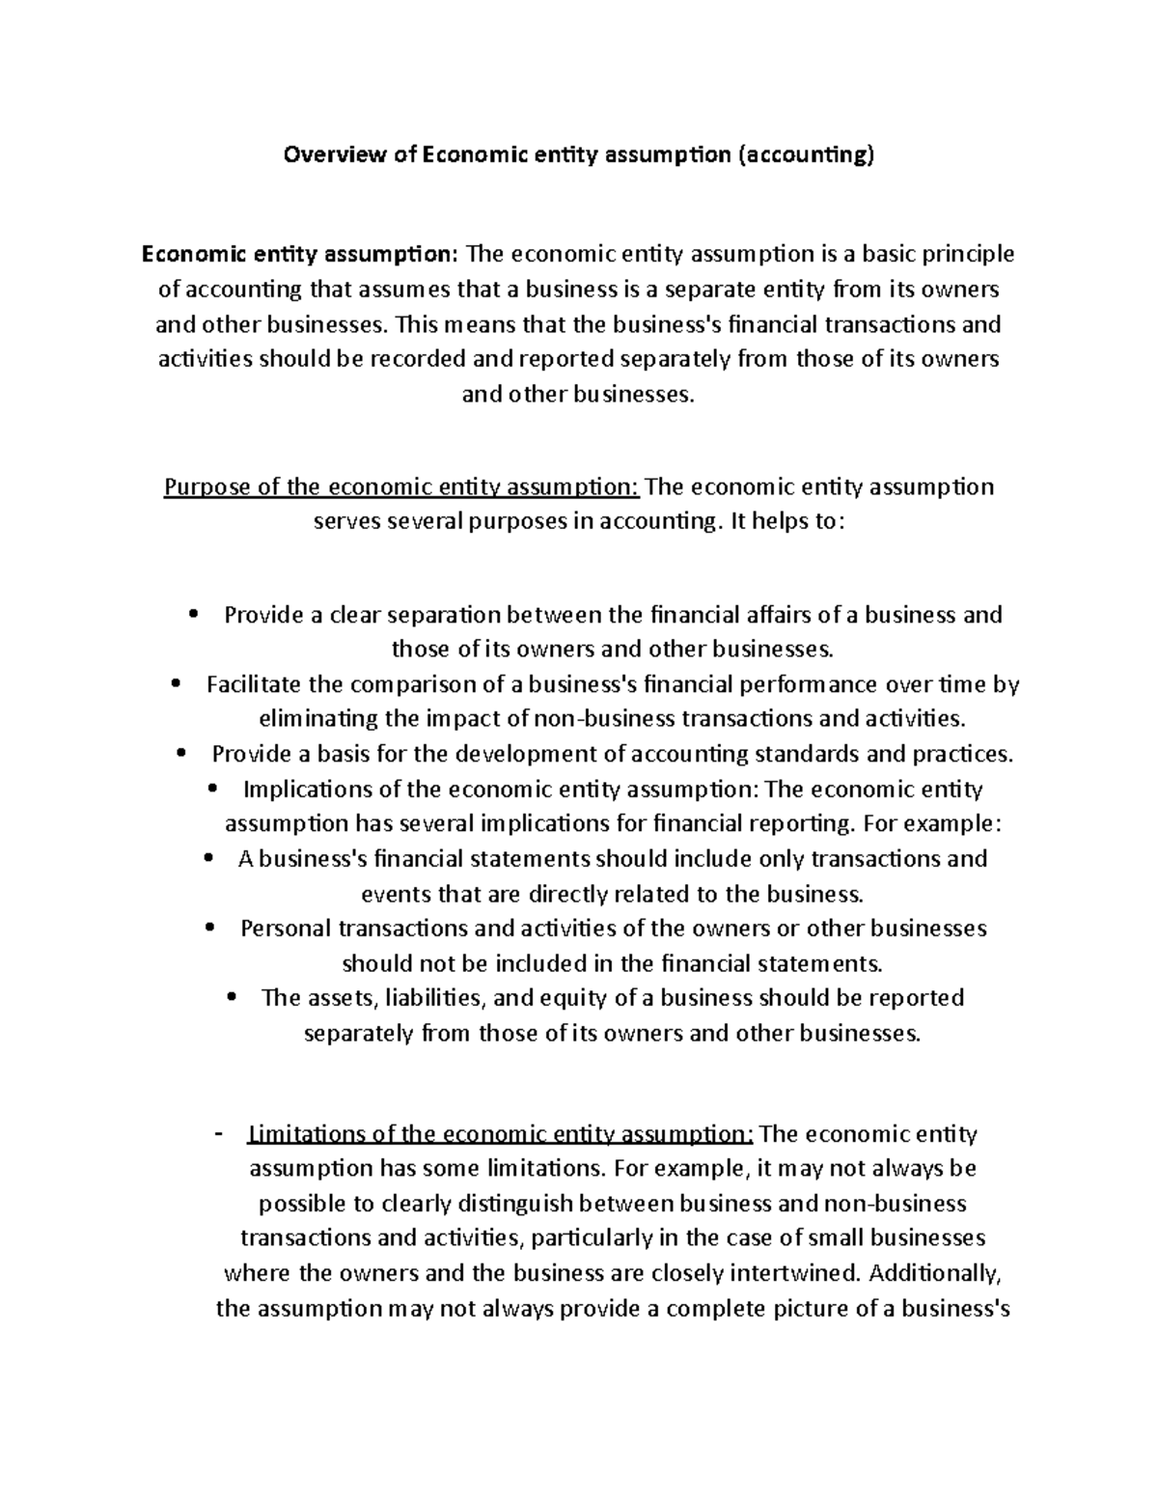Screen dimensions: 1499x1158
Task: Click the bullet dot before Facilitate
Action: point(175,684)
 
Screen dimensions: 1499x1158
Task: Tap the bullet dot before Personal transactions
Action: point(209,929)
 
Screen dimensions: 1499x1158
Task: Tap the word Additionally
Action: point(934,1274)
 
